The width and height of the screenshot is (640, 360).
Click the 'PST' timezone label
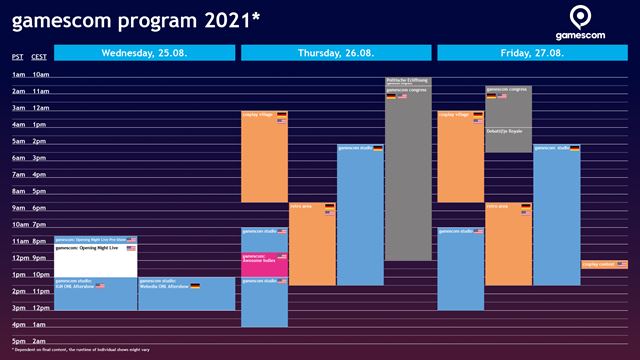coord(17,57)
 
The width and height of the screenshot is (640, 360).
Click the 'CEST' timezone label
coord(39,57)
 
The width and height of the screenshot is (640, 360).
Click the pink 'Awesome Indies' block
coord(264,264)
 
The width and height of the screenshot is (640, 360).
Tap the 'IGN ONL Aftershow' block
coord(95,294)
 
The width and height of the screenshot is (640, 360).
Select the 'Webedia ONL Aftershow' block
coord(186,294)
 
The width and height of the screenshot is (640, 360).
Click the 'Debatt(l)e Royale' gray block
coord(508,138)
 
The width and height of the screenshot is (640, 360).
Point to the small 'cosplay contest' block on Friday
coord(604,265)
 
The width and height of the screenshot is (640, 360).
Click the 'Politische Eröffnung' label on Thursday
coord(408,81)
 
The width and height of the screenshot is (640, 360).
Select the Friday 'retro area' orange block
coord(508,245)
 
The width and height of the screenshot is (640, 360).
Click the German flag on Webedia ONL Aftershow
coord(195,286)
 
